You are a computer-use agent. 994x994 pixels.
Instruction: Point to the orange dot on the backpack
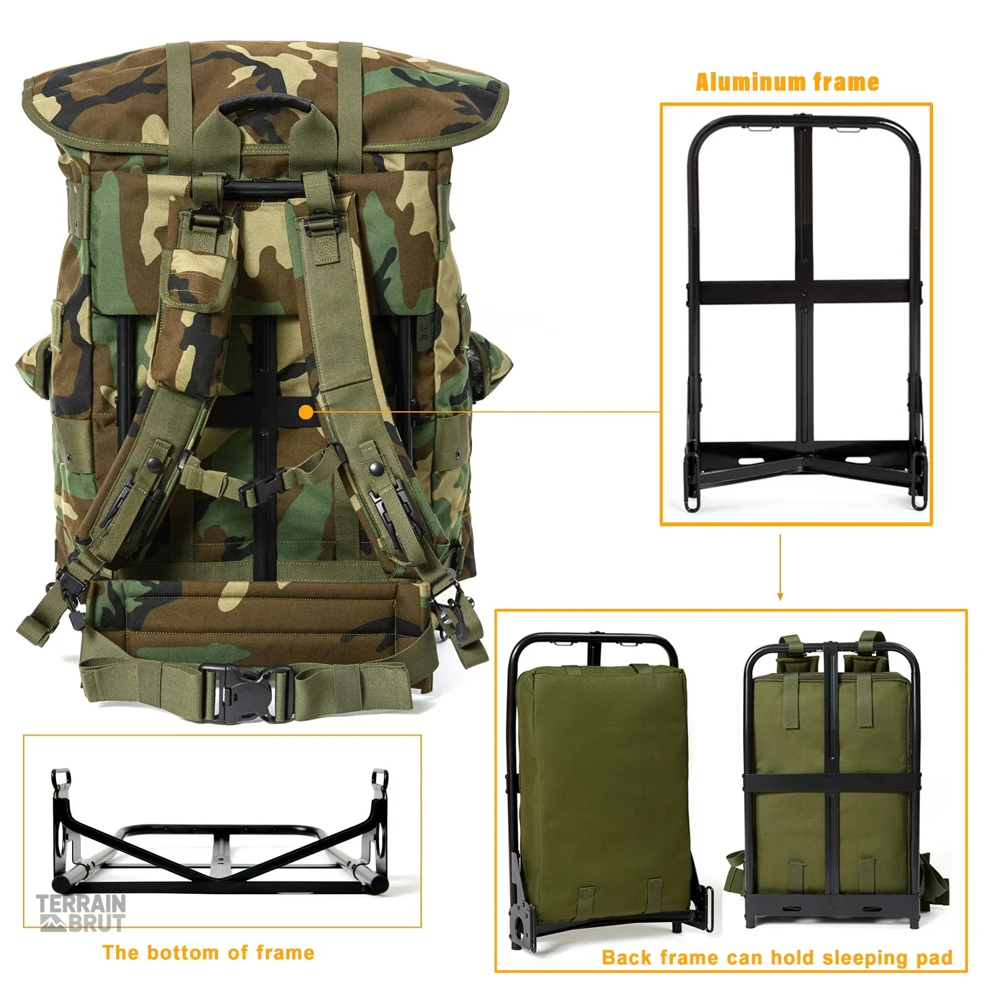306,412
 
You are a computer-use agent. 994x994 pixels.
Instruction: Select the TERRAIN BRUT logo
81,913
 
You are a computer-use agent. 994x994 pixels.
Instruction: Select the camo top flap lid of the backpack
265,99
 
